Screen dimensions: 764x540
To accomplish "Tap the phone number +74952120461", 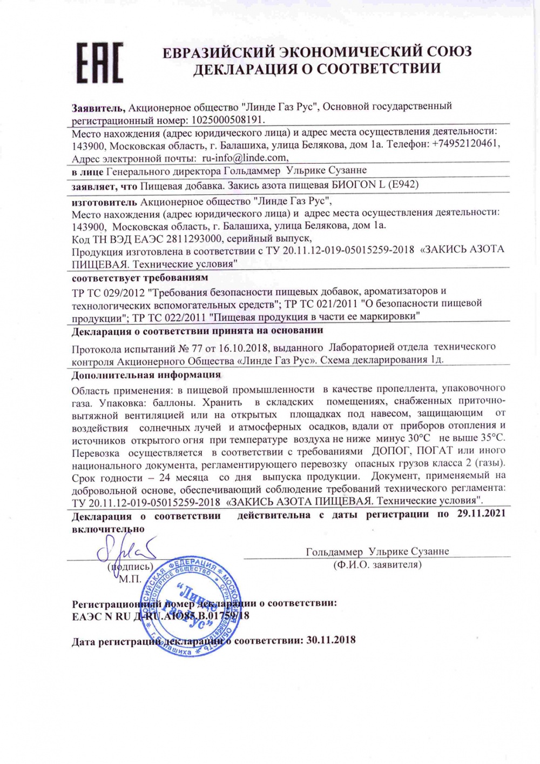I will pos(465,144).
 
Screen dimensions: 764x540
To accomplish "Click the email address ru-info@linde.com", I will pos(244,158).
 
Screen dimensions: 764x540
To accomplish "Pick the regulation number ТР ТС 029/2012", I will pos(107,291).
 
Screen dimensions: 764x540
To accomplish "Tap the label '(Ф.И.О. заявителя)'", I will pos(377,564).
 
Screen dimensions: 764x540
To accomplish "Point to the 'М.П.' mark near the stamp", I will pos(130,579).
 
